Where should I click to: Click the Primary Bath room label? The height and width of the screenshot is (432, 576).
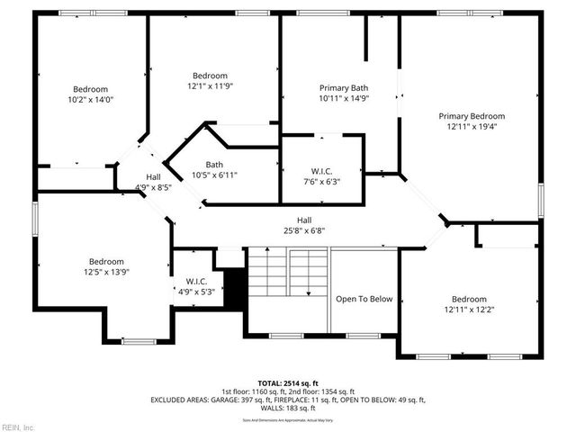tap(344, 88)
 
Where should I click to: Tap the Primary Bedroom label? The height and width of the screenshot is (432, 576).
tap(472, 116)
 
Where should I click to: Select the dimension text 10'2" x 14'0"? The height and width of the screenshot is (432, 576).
tap(90, 102)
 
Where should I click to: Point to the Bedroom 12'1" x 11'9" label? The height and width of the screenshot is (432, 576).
tap(210, 76)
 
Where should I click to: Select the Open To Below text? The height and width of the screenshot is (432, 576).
tap(364, 300)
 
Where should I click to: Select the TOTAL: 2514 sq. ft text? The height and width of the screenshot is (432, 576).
tap(288, 383)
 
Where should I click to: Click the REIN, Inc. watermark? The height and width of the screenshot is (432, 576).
tap(17, 427)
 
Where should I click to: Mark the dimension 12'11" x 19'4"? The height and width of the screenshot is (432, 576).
tap(472, 127)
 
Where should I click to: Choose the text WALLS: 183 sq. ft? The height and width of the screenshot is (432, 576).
tap(288, 408)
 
